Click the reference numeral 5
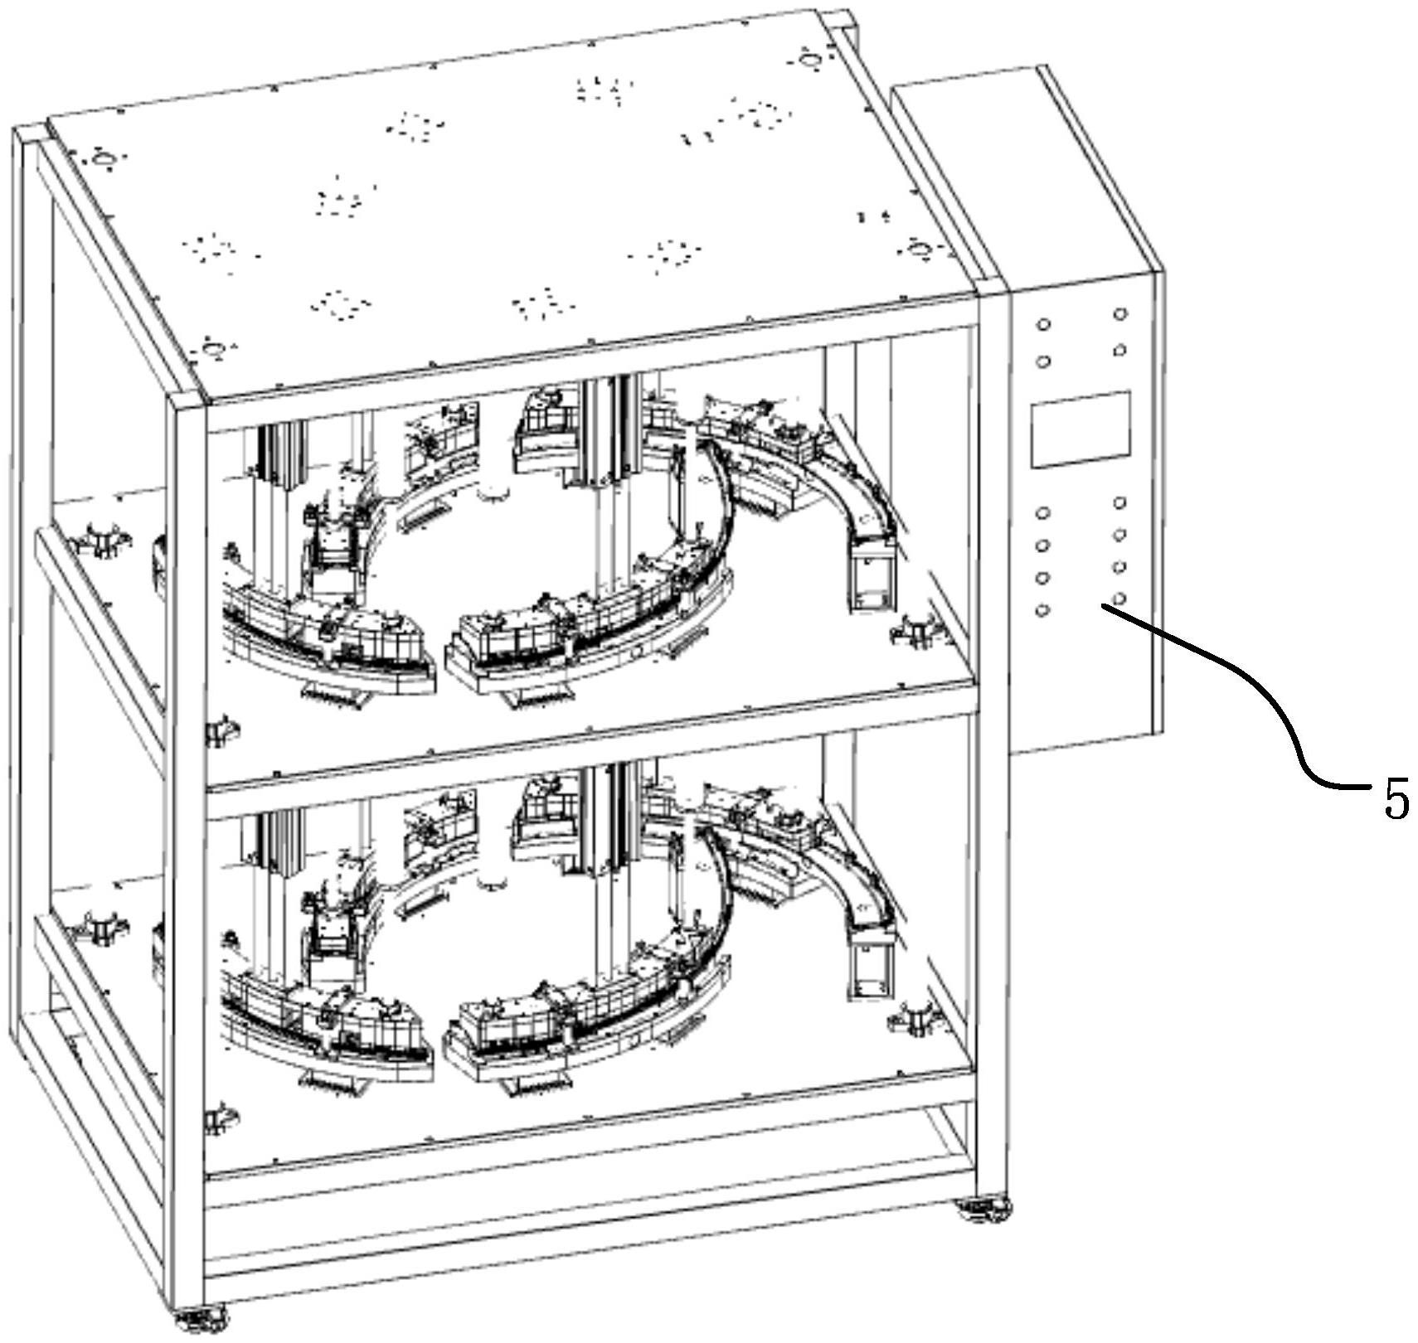1396,799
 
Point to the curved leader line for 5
1260,688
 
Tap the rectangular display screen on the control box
1081,428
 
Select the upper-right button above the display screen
1119,314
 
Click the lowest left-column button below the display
1043,610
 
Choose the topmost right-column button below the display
1119,502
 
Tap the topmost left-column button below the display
1043,513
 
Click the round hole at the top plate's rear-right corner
809,59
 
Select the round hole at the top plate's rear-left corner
102,158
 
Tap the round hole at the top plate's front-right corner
916,248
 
